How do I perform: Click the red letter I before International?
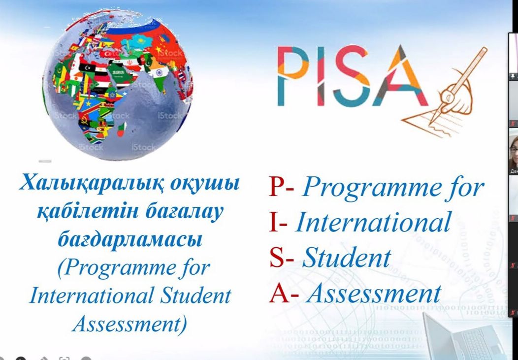point(273,222)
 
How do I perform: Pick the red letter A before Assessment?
point(279,294)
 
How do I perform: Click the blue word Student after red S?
point(347,257)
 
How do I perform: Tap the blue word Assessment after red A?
point(374,294)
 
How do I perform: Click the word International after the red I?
point(373,222)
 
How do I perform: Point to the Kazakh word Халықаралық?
point(92,184)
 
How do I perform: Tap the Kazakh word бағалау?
point(184,212)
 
